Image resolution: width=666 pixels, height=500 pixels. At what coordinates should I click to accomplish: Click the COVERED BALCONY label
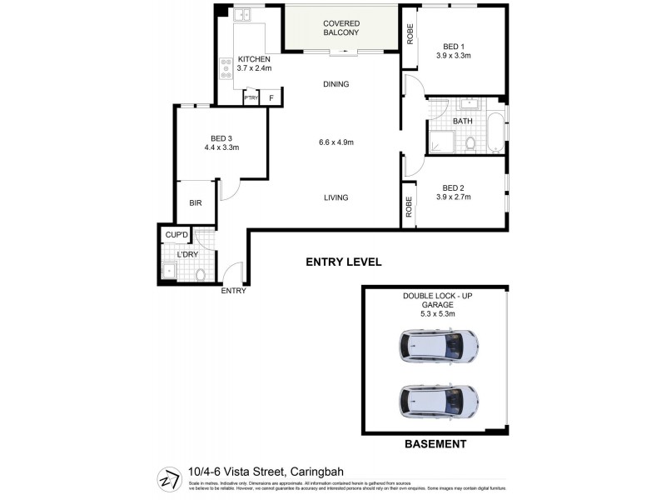340,27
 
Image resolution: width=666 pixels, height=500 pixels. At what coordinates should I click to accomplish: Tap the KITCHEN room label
255,59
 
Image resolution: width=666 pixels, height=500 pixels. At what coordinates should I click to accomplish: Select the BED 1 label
454,46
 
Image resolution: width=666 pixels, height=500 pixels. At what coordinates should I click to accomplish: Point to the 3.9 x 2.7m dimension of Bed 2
454,197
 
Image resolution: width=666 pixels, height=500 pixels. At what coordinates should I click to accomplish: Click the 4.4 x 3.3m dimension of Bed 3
221,148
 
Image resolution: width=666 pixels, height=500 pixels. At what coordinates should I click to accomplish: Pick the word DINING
336,84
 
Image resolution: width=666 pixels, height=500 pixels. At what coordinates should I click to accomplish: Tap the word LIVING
336,197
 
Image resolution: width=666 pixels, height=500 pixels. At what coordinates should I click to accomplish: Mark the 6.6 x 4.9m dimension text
336,142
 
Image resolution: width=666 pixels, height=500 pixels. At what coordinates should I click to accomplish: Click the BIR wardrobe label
196,202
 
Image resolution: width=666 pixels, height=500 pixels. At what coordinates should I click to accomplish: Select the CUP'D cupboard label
176,235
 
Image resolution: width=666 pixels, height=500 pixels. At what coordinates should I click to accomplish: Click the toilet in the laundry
200,273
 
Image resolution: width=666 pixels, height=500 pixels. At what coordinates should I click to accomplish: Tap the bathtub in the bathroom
496,132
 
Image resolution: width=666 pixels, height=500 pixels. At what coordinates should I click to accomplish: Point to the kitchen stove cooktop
225,67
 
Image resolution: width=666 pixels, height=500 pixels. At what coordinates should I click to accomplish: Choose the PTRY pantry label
251,98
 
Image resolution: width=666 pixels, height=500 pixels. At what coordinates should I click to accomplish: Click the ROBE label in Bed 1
410,34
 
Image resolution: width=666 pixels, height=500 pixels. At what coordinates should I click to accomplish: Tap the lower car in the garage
439,401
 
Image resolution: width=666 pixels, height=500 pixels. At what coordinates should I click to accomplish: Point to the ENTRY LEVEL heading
344,262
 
